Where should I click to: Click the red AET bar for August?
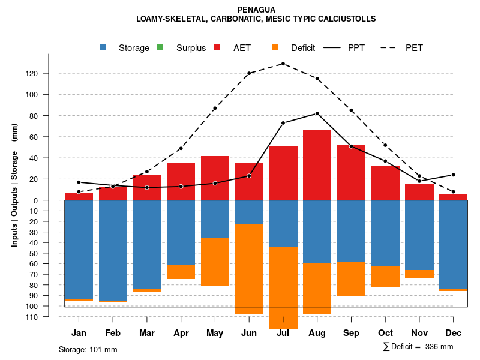coord(317,165)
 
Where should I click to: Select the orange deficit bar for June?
coord(249,269)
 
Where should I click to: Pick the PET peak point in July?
coord(283,64)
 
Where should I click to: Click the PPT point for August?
coord(317,113)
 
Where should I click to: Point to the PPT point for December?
coord(453,175)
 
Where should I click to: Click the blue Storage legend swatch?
coord(104,48)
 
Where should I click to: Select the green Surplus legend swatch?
coord(160,48)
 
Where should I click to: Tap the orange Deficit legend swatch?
coord(275,48)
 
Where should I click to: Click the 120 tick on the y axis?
coord(48,73)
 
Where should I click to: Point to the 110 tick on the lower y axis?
coord(48,317)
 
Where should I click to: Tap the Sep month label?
coord(351,333)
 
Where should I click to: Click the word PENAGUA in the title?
coord(256,10)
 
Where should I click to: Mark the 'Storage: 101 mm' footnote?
coord(88,349)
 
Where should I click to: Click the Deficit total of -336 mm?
coord(418,346)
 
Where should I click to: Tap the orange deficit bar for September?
coord(351,279)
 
